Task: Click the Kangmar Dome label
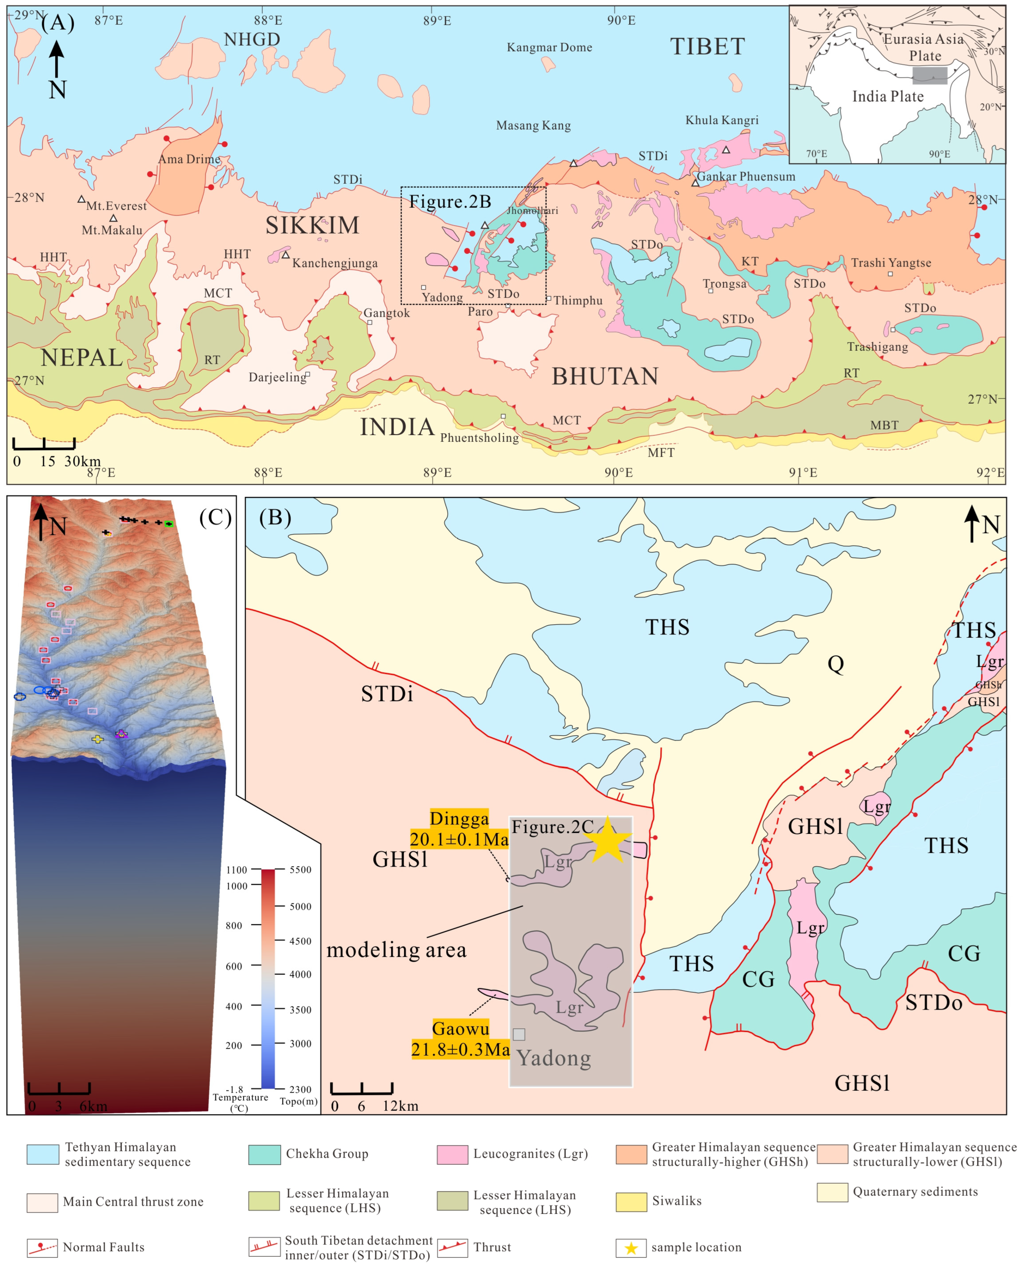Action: click(x=549, y=47)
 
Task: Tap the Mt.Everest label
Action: click(x=117, y=205)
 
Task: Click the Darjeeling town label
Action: click(x=277, y=377)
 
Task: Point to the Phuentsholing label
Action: click(x=479, y=437)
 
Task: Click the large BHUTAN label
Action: click(x=605, y=377)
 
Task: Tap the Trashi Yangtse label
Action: click(x=891, y=263)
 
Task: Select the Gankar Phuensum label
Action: click(x=746, y=177)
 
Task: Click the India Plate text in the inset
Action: click(x=888, y=97)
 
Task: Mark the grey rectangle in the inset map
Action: click(x=930, y=75)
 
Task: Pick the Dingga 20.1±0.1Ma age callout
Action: click(x=459, y=829)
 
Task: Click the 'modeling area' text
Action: click(x=396, y=950)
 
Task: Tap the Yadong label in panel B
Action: click(x=554, y=1058)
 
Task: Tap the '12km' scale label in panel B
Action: click(x=400, y=1106)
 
